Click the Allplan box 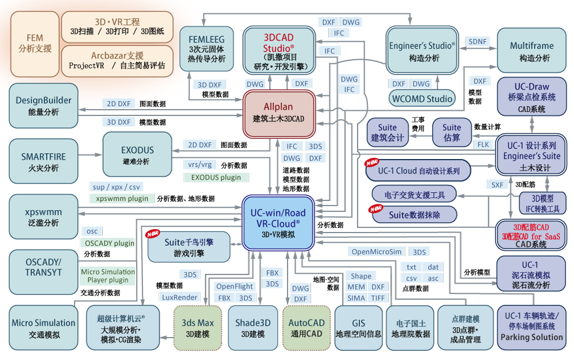point(279,114)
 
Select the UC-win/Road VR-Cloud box point(278,223)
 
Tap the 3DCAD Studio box point(279,51)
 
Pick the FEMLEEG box point(207,49)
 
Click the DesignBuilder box point(44,106)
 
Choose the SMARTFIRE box point(44,161)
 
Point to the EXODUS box point(137,154)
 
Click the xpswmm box point(44,217)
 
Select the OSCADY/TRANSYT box point(44,272)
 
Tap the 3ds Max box point(197,328)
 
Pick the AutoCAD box point(307,328)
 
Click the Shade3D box point(253,328)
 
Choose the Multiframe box point(532,51)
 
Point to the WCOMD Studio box point(422,99)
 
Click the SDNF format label point(478,41)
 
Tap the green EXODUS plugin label point(216,177)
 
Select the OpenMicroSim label point(377,251)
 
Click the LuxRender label point(179,297)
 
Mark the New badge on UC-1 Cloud point(371,162)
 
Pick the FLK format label point(483,144)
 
